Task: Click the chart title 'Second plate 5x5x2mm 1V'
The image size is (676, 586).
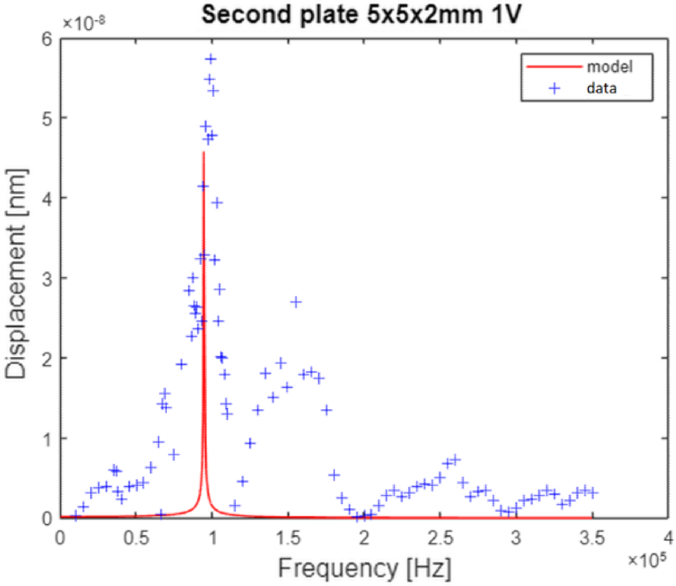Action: point(364,14)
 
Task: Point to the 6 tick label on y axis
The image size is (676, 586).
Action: point(47,39)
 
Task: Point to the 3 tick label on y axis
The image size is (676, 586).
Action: point(47,278)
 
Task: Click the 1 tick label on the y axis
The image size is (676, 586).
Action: point(47,438)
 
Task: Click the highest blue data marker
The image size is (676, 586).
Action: point(211,59)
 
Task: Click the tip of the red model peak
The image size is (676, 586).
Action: point(203,153)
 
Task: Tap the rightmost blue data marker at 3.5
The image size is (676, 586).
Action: point(593,493)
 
